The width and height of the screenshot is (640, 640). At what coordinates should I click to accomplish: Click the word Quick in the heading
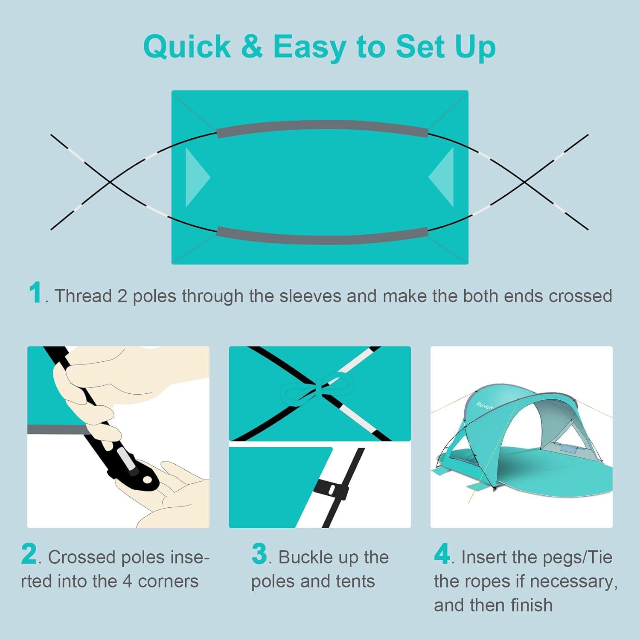click(x=187, y=47)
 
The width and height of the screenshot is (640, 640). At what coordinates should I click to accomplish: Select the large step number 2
click(x=29, y=554)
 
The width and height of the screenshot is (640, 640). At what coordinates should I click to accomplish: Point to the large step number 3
click(x=259, y=554)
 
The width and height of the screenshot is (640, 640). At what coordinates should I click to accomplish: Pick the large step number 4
click(x=442, y=554)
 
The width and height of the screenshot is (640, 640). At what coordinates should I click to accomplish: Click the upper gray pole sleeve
click(x=322, y=127)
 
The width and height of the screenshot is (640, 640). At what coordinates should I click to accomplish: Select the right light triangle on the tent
click(x=442, y=177)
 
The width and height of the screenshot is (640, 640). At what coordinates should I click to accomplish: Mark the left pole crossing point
click(x=110, y=182)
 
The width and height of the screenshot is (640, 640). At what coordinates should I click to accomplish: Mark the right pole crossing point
click(x=525, y=182)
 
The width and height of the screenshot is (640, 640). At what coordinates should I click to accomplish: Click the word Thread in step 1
click(x=83, y=296)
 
